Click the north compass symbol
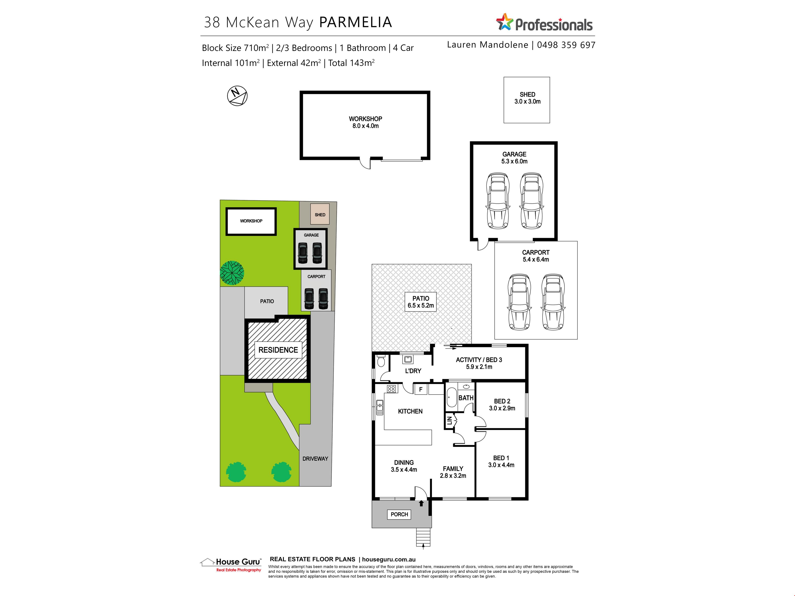(x=237, y=96)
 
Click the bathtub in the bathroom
(x=451, y=397)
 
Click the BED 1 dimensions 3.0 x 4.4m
(x=501, y=465)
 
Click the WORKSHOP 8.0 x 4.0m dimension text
(x=365, y=126)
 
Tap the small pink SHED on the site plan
(x=320, y=214)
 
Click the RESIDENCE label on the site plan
(x=278, y=350)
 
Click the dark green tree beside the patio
(x=232, y=273)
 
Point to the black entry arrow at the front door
(x=421, y=504)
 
